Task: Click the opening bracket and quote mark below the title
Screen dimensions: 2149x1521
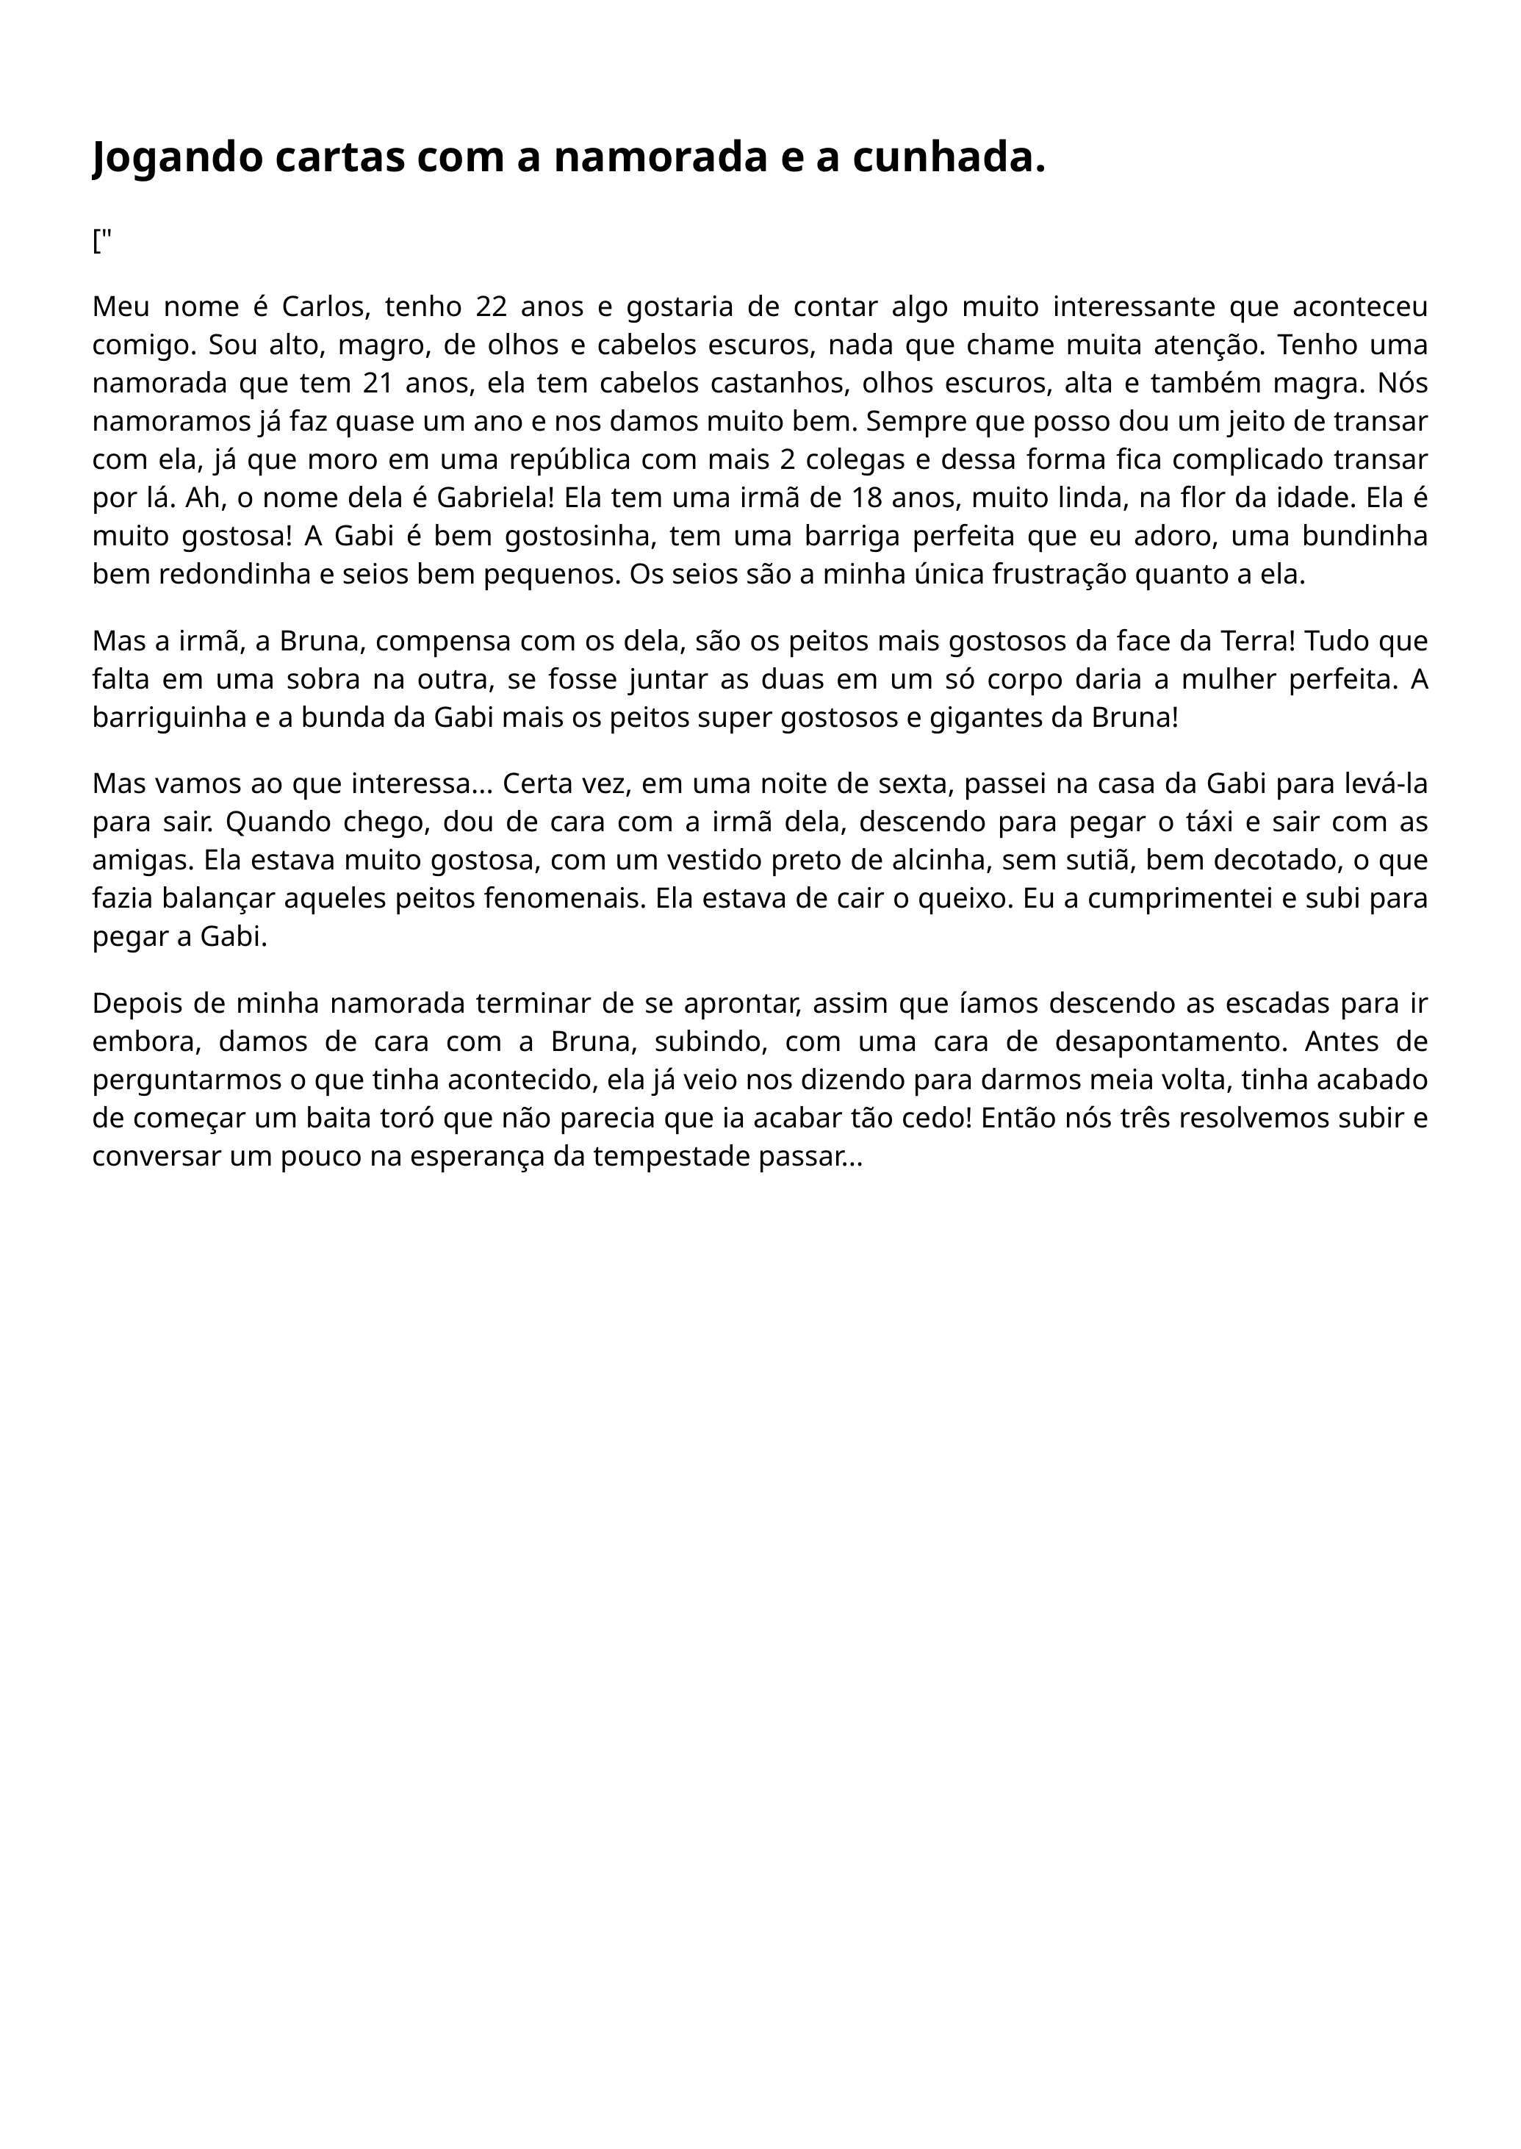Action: [x=101, y=241]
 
